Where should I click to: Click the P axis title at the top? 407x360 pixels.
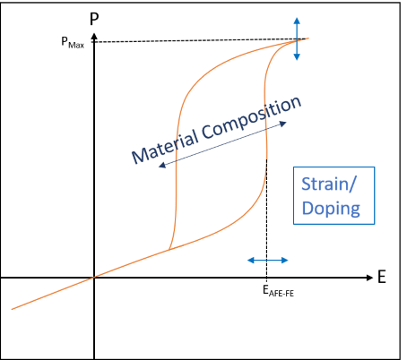94,19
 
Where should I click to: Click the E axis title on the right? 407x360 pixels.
382,277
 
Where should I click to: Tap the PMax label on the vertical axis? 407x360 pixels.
73,42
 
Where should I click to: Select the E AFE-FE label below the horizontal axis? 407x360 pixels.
278,291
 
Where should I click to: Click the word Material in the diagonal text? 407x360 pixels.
164,147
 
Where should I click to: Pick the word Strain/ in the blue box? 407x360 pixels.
329,184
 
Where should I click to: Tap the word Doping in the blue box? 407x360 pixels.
331,209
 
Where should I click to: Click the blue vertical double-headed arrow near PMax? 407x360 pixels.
297,39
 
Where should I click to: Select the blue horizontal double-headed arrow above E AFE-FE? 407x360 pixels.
268,261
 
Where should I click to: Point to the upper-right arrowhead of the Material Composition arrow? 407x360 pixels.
283,124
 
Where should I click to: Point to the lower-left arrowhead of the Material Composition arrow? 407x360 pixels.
162,165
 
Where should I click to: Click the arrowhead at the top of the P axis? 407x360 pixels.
94,36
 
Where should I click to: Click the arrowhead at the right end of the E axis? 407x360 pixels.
369,278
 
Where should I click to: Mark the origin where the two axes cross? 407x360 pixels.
94,278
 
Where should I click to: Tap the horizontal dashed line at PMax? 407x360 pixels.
200,40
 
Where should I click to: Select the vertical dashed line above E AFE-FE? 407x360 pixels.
266,219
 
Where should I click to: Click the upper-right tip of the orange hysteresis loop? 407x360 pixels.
308,38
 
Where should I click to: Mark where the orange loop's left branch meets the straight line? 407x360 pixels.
169,250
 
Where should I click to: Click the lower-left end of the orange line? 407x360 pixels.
12,309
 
